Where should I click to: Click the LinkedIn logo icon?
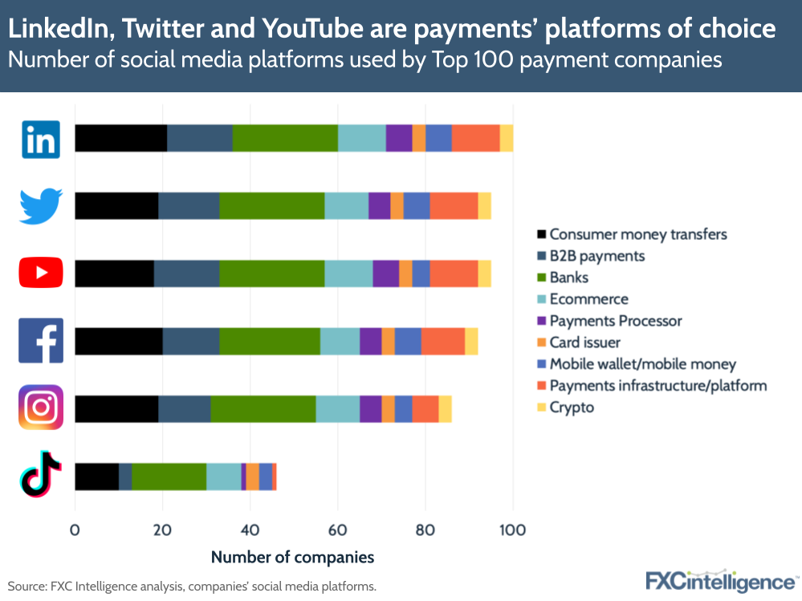point(41,139)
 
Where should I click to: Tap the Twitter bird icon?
point(41,206)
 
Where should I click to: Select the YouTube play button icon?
point(41,274)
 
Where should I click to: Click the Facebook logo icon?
point(41,341)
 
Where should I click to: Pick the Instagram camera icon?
point(41,408)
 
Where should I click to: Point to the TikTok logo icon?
point(41,475)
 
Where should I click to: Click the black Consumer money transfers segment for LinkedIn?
point(121,139)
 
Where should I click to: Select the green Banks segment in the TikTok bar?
point(169,477)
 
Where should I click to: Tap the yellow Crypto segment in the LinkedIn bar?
point(507,139)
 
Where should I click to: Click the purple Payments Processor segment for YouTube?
point(386,274)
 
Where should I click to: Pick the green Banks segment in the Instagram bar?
point(263,408)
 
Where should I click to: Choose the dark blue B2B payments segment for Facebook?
point(191,341)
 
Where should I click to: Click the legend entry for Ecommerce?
point(588,299)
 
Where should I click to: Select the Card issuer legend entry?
point(584,343)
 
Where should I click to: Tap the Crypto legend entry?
point(572,408)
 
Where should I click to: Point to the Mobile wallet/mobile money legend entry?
point(642,364)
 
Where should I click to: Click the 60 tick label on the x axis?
point(338,530)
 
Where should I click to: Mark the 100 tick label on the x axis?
point(512,530)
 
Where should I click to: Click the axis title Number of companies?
point(292,557)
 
